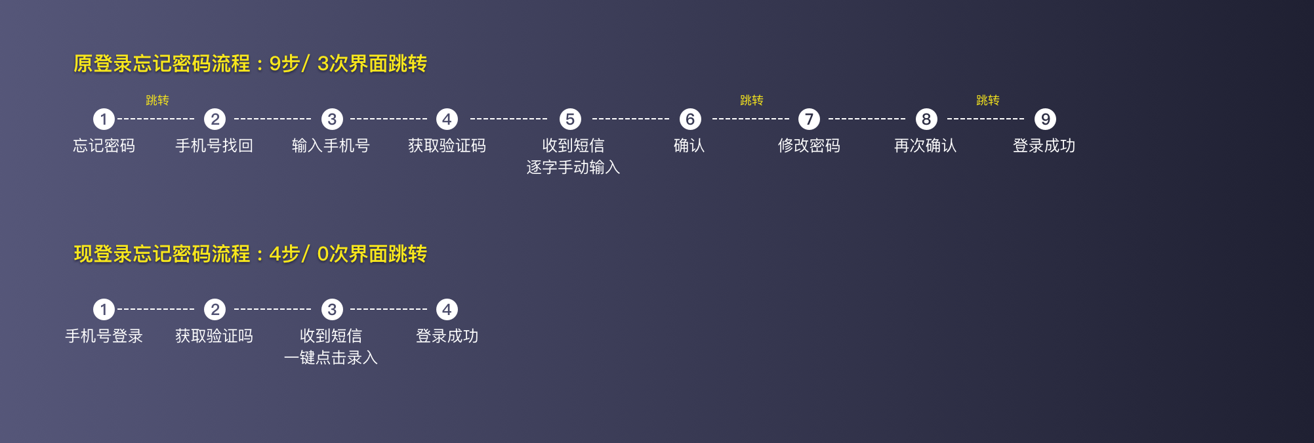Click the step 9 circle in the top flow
pyautogui.click(x=1045, y=119)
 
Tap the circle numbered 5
pyautogui.click(x=570, y=119)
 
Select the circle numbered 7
pyautogui.click(x=809, y=119)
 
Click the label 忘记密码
pyautogui.click(x=104, y=146)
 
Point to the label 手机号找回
pyautogui.click(x=214, y=146)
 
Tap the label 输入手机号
pyautogui.click(x=331, y=146)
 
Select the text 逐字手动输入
pyautogui.click(x=573, y=167)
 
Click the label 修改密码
pyautogui.click(x=809, y=146)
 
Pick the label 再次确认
pyautogui.click(x=925, y=146)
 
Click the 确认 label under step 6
pyautogui.click(x=689, y=146)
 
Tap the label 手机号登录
pyautogui.click(x=104, y=336)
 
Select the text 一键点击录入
pyautogui.click(x=331, y=358)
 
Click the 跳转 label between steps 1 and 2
pyautogui.click(x=157, y=100)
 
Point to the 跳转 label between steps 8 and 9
pyautogui.click(x=987, y=100)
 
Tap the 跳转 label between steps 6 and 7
pyautogui.click(x=751, y=100)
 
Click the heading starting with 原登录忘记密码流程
pyautogui.click(x=250, y=64)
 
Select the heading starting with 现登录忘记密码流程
pyautogui.click(x=250, y=254)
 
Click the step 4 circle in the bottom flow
pyautogui.click(x=447, y=310)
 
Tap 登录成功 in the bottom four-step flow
pyautogui.click(x=447, y=336)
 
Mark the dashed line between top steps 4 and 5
pyautogui.click(x=508, y=119)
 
